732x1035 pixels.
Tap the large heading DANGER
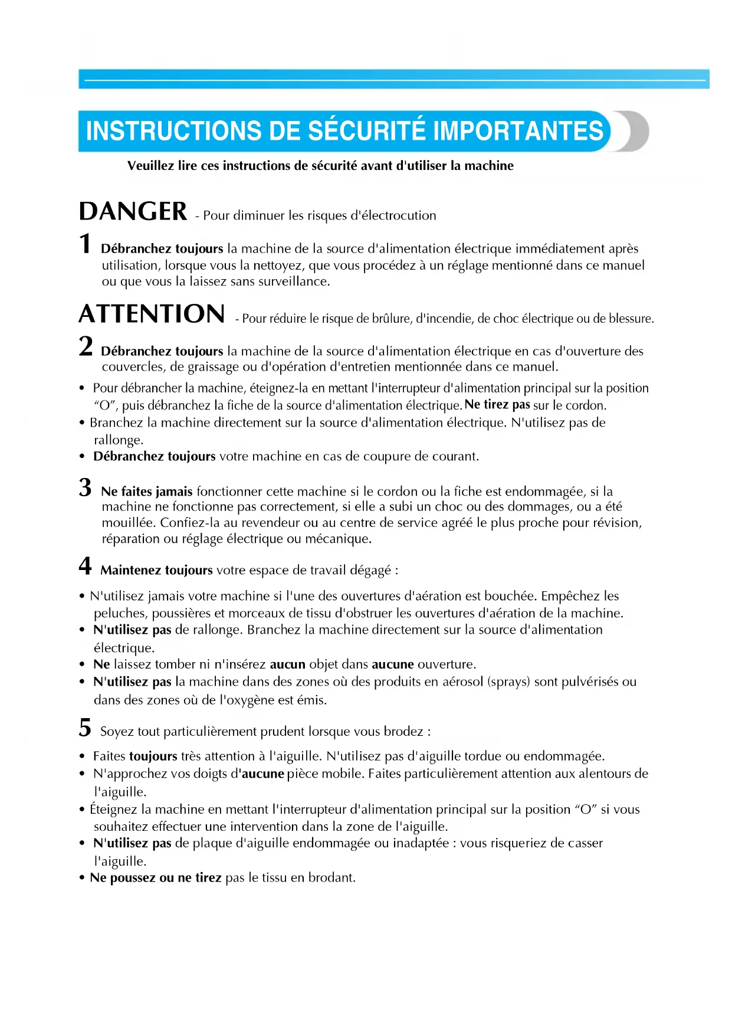(x=133, y=211)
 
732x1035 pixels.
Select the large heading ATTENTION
(x=152, y=314)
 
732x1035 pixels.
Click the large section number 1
(x=86, y=244)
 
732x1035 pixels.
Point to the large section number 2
(x=86, y=346)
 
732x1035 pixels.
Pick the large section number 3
(x=86, y=487)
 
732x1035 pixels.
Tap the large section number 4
(x=86, y=566)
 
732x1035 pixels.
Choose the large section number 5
(x=86, y=728)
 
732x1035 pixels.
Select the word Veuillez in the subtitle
(x=150, y=166)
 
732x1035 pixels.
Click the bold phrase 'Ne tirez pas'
(x=497, y=405)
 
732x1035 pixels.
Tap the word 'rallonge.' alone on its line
(x=119, y=440)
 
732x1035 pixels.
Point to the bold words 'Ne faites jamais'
(x=147, y=492)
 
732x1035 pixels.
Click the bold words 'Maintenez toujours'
(x=156, y=570)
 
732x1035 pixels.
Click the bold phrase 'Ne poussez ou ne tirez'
(x=156, y=878)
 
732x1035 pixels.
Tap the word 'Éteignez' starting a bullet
(x=114, y=810)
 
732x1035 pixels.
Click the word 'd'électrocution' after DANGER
(x=393, y=215)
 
